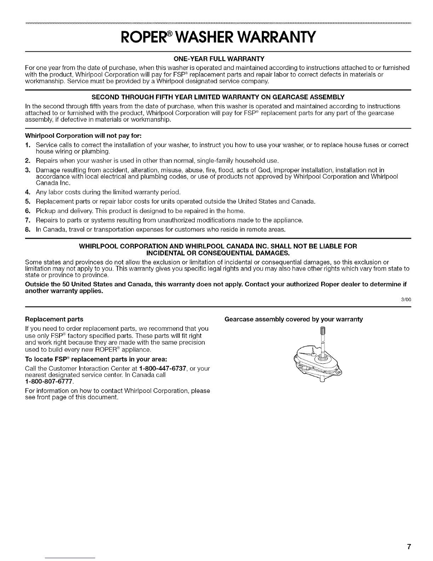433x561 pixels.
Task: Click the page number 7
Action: [409, 546]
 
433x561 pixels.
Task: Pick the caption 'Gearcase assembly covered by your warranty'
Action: [294, 319]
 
